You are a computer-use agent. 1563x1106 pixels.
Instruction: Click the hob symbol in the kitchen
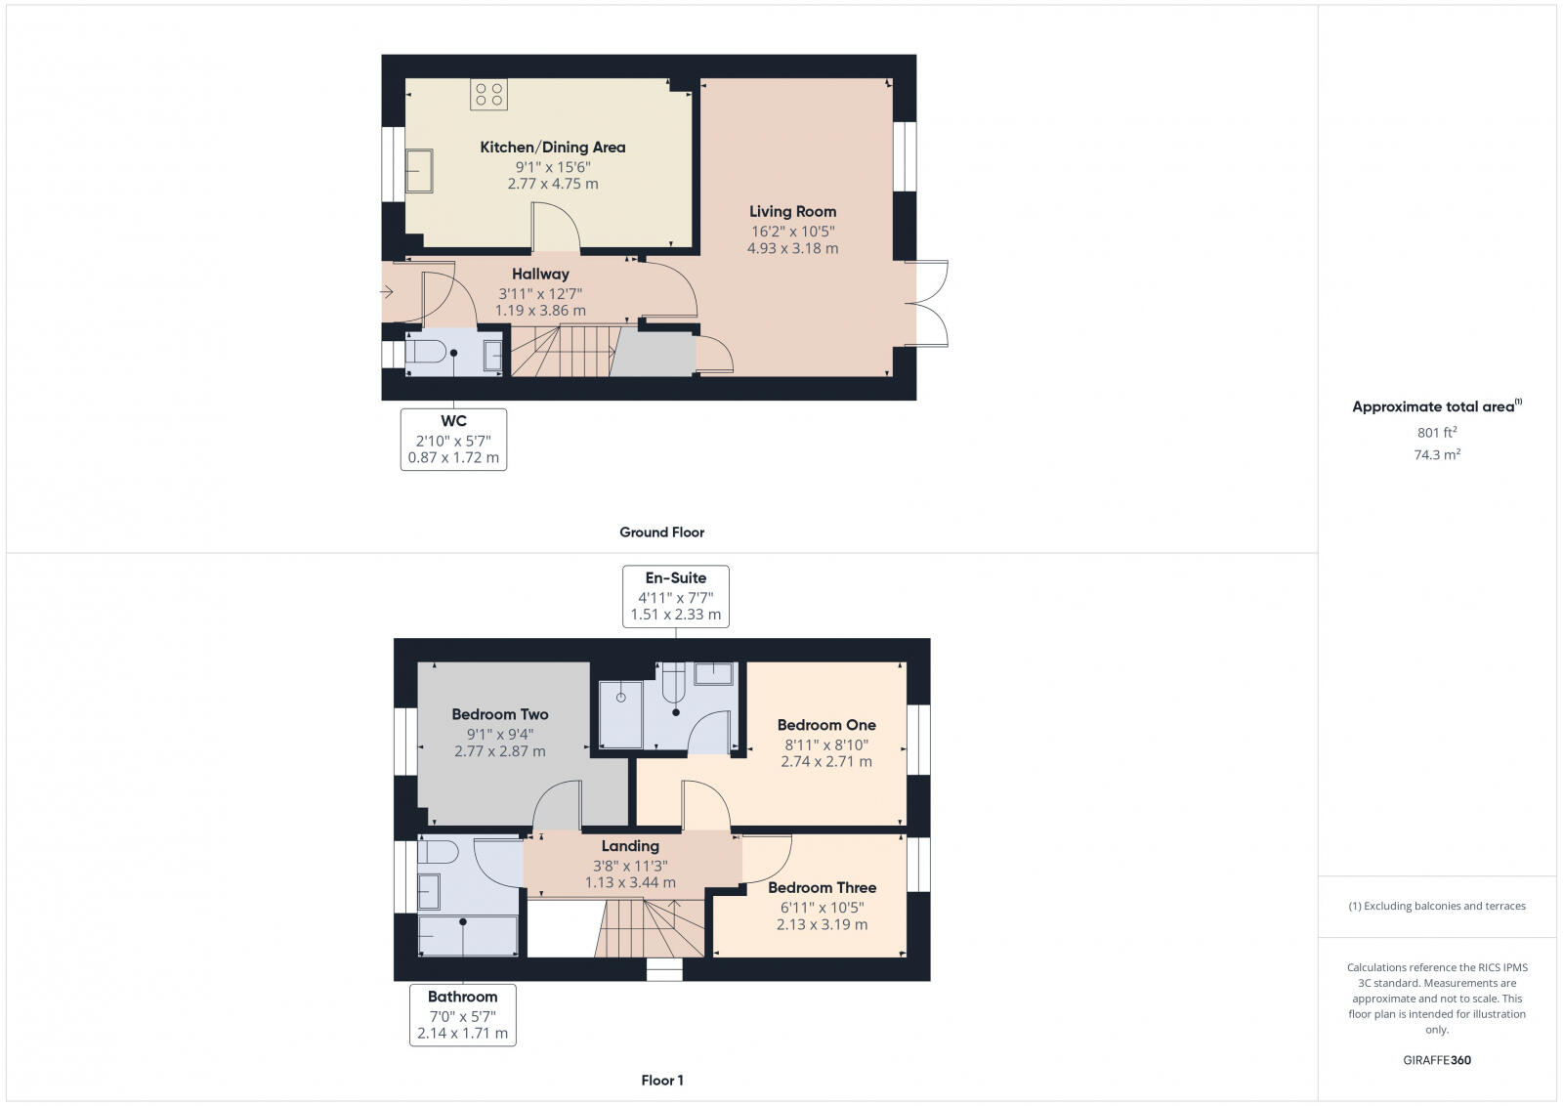[x=488, y=95]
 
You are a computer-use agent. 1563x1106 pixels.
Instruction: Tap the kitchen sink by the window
[x=420, y=171]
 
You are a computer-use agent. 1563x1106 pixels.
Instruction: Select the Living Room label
[x=792, y=212]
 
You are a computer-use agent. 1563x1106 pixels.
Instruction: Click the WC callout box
[x=453, y=440]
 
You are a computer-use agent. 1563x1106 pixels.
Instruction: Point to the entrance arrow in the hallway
[x=387, y=291]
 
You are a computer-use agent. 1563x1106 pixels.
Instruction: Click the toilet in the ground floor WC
[x=426, y=352]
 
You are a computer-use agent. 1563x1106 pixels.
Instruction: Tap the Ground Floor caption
[x=661, y=532]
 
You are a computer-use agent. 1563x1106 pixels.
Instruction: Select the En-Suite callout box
[x=676, y=596]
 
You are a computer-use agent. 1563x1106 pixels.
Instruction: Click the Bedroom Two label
[x=500, y=715]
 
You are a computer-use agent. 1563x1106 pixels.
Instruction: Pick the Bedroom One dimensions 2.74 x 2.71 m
[x=826, y=762]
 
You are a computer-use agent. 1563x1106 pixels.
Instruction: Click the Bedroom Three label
[x=822, y=888]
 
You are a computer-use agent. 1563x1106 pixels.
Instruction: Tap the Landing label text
[x=630, y=846]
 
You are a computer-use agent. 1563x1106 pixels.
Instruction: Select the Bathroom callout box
[x=462, y=1015]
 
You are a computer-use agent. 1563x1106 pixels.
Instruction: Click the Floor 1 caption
[x=662, y=1081]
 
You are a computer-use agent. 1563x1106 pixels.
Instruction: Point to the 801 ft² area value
[x=1437, y=433]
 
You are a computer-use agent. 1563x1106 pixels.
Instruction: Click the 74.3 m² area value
[x=1437, y=455]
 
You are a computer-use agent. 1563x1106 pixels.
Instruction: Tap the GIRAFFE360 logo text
[x=1437, y=1060]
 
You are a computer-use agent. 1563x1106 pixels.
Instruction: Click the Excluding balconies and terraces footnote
[x=1437, y=907]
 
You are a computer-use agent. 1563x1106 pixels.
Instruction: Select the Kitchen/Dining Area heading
[x=553, y=148]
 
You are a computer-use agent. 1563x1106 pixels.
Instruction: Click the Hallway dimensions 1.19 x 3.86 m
[x=540, y=311]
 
